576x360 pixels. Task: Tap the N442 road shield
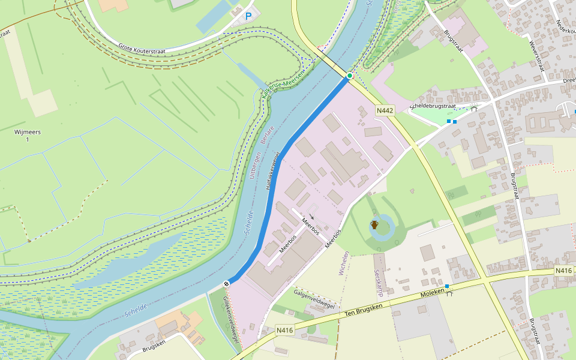point(385,110)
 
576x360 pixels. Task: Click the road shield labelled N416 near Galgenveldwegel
point(284,330)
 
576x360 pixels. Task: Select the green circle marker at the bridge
point(349,76)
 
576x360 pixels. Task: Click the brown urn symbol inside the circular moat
point(374,225)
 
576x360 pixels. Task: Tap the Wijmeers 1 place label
point(27,136)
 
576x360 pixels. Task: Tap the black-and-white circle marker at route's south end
point(227,283)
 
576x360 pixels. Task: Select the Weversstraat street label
point(536,55)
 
